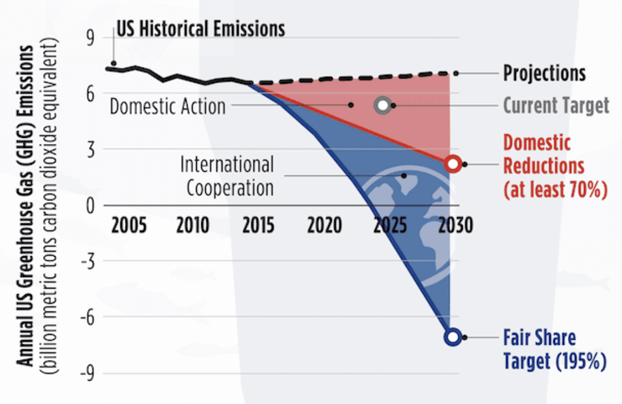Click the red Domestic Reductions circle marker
coord(453,164)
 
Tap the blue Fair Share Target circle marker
coord(453,337)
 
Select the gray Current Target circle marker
coord(382,105)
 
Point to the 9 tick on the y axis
coord(89,39)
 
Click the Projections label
coord(544,73)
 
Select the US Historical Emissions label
coord(200,29)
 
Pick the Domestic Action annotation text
coord(168,106)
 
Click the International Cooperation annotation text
coord(227,176)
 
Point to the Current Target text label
coord(556,105)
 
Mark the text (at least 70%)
coord(552,189)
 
